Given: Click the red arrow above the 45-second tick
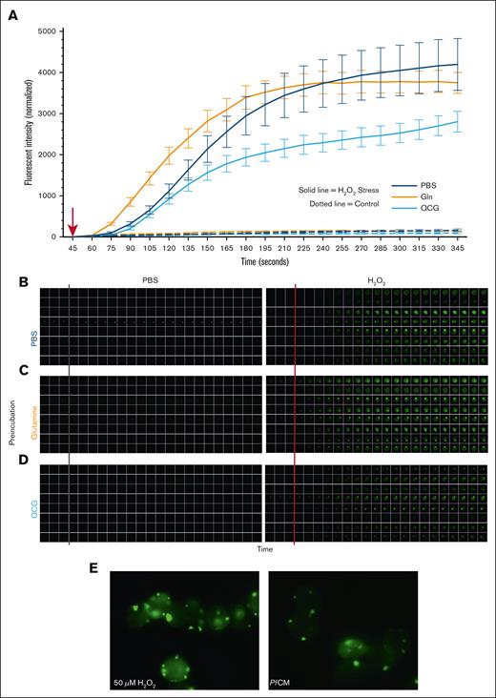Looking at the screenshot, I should [x=72, y=221].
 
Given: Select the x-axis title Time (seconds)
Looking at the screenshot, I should [x=266, y=260].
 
